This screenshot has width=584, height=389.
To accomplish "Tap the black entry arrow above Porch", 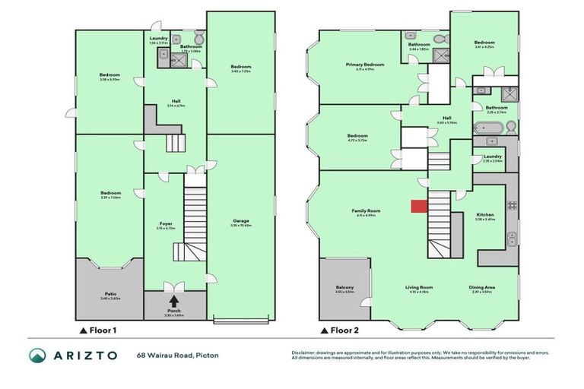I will click(x=174, y=301).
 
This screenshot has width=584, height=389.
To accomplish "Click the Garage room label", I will click(x=240, y=221).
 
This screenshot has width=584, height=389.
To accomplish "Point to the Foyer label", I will click(x=165, y=223).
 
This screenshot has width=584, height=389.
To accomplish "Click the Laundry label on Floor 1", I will click(x=158, y=38).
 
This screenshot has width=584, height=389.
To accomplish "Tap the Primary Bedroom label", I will click(x=364, y=65).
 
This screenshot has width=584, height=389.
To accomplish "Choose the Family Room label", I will click(x=366, y=210).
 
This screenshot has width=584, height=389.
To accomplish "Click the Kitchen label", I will click(x=484, y=215).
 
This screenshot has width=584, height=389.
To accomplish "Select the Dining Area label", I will click(x=482, y=286).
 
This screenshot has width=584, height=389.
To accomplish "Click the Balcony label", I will click(x=344, y=286).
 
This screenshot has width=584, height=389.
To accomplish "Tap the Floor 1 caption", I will click(x=103, y=330).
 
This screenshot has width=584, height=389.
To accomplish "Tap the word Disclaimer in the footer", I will click(x=305, y=353).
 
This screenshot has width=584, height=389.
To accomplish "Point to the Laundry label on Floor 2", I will click(x=493, y=157).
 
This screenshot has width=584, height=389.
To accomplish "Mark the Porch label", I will click(x=174, y=311).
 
